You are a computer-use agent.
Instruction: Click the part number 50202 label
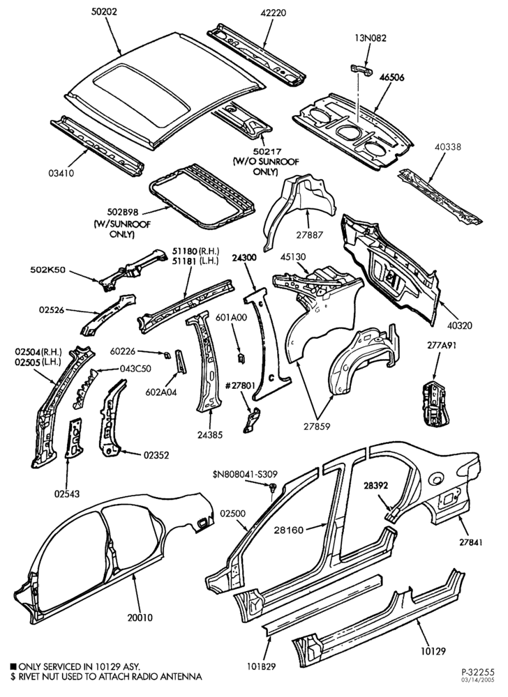(x=104, y=12)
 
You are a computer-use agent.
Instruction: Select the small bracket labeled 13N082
(x=361, y=70)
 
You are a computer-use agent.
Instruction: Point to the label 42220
(x=273, y=13)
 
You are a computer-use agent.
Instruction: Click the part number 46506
(x=392, y=77)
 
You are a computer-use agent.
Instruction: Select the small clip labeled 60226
(x=167, y=354)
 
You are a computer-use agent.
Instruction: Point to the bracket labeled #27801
(x=251, y=420)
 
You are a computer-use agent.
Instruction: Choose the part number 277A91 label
(x=435, y=345)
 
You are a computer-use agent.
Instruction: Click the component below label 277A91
(x=434, y=403)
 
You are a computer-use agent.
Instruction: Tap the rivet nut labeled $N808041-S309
(x=273, y=487)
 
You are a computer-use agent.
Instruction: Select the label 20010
(x=140, y=618)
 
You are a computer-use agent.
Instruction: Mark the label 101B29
(x=261, y=666)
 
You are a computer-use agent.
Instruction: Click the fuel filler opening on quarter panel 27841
(x=435, y=480)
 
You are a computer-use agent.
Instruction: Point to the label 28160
(x=289, y=530)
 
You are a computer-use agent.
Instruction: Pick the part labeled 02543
(x=74, y=438)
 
